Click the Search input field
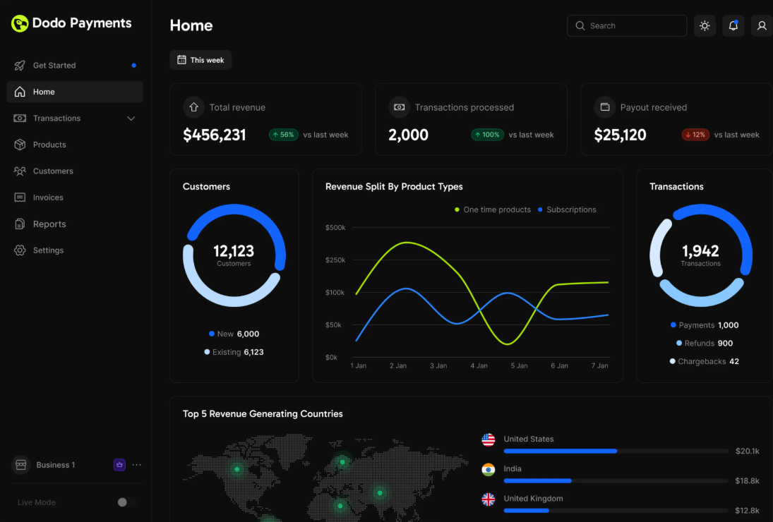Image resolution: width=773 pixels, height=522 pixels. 627,25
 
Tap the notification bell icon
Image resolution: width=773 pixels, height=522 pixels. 733,25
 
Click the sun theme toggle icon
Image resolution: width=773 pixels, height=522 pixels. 705,25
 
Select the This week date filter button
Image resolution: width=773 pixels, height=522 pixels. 200,60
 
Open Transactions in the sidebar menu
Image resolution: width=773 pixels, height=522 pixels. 56,119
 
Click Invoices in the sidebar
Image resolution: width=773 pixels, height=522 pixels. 48,198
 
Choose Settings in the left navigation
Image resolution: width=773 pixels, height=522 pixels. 48,250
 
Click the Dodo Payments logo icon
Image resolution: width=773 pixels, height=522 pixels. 20,23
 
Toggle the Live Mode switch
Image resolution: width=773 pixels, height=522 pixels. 126,502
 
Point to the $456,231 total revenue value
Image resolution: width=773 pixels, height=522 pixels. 215,135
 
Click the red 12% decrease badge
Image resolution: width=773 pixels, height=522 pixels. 695,135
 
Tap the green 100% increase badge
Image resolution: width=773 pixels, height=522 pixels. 488,135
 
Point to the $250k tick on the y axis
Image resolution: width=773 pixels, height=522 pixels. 335,260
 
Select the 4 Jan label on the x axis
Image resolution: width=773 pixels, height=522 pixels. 479,365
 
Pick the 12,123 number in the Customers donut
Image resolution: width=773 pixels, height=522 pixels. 234,251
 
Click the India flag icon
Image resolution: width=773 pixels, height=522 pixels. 489,470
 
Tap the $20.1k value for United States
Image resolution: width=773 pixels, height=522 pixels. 747,451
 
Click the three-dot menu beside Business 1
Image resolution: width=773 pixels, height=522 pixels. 137,465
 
